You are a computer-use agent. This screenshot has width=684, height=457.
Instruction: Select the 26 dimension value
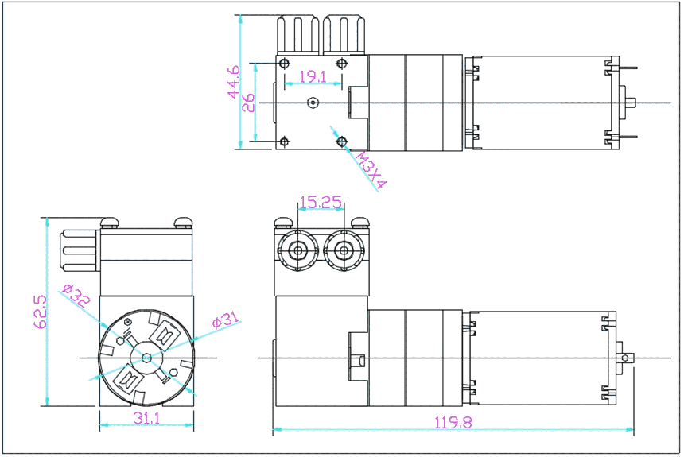[248, 103]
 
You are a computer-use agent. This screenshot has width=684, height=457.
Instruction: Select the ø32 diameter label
[76, 296]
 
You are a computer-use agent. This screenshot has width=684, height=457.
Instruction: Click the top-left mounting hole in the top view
[283, 63]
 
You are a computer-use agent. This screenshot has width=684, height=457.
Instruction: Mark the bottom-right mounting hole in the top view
[342, 141]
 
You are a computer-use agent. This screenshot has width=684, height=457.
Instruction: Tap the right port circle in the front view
[344, 252]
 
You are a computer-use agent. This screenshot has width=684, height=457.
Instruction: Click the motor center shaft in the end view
[147, 358]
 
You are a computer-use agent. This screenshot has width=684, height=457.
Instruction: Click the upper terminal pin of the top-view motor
[628, 68]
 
